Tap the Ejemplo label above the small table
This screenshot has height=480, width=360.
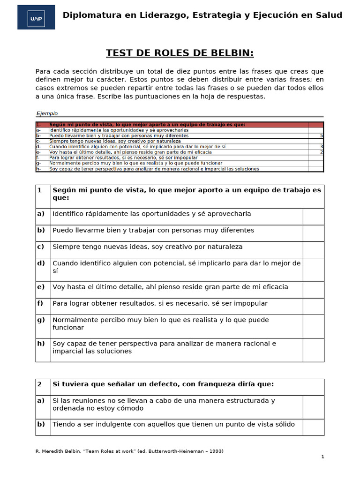tap(47, 113)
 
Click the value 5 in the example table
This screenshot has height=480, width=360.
tap(321, 135)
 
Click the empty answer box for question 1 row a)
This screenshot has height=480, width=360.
tap(313, 217)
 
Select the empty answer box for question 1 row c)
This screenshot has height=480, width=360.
tap(313, 249)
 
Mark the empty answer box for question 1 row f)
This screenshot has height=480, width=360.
tap(313, 306)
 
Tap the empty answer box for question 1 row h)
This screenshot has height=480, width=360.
tap(313, 350)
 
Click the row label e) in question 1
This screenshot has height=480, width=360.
tap(41, 287)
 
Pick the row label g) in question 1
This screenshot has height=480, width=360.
tap(41, 320)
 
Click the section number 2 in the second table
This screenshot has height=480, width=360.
tap(40, 384)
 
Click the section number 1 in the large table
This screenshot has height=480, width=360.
tap(40, 190)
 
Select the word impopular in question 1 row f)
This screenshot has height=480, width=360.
tap(251, 304)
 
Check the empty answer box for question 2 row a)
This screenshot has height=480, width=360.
tap(313, 407)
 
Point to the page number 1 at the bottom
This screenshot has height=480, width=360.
tap(322, 457)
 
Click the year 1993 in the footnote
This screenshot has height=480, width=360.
tap(214, 451)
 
